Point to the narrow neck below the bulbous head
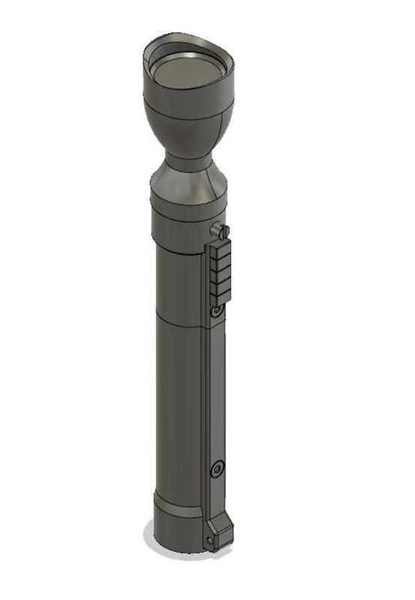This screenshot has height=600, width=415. point(187,160)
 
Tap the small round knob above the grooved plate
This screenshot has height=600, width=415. point(221,230)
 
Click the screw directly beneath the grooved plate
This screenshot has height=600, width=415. point(218,309)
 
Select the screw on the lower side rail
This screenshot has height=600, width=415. point(216,469)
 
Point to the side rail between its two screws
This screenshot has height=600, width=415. point(215,390)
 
